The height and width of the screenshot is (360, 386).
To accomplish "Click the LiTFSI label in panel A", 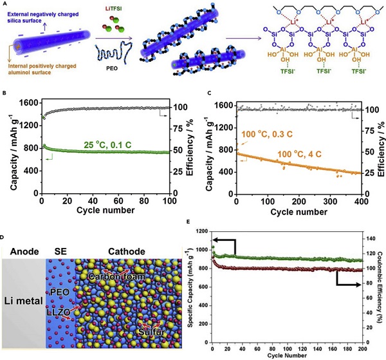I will [x=114, y=6].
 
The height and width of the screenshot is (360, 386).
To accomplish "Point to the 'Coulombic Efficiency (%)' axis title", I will [x=380, y=289].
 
